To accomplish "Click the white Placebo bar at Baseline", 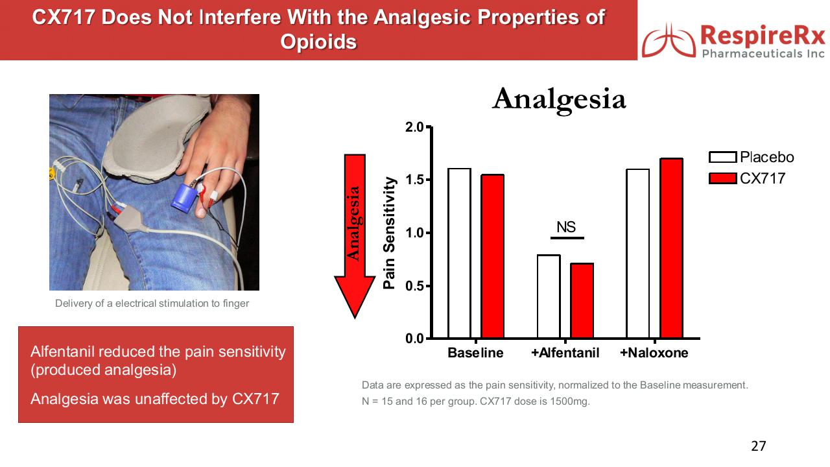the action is (x=460, y=253).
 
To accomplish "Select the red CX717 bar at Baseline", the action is (x=492, y=256).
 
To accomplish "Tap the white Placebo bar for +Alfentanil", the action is (x=549, y=296).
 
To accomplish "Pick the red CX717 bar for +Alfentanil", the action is (x=582, y=300).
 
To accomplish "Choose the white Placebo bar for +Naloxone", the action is (x=637, y=254).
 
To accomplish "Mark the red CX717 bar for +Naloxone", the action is (x=671, y=248).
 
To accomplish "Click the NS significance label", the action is (x=566, y=227).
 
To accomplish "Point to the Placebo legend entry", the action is (x=752, y=157).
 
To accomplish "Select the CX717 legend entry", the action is (x=747, y=178).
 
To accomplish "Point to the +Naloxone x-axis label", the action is (x=654, y=352).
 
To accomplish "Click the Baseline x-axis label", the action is (x=475, y=352).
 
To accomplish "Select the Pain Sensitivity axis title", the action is (x=389, y=233).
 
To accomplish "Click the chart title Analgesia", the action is (x=559, y=99).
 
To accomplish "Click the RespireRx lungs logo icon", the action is (x=669, y=41).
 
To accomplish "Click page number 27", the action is (x=759, y=446).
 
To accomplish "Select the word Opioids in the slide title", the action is (x=318, y=41).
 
